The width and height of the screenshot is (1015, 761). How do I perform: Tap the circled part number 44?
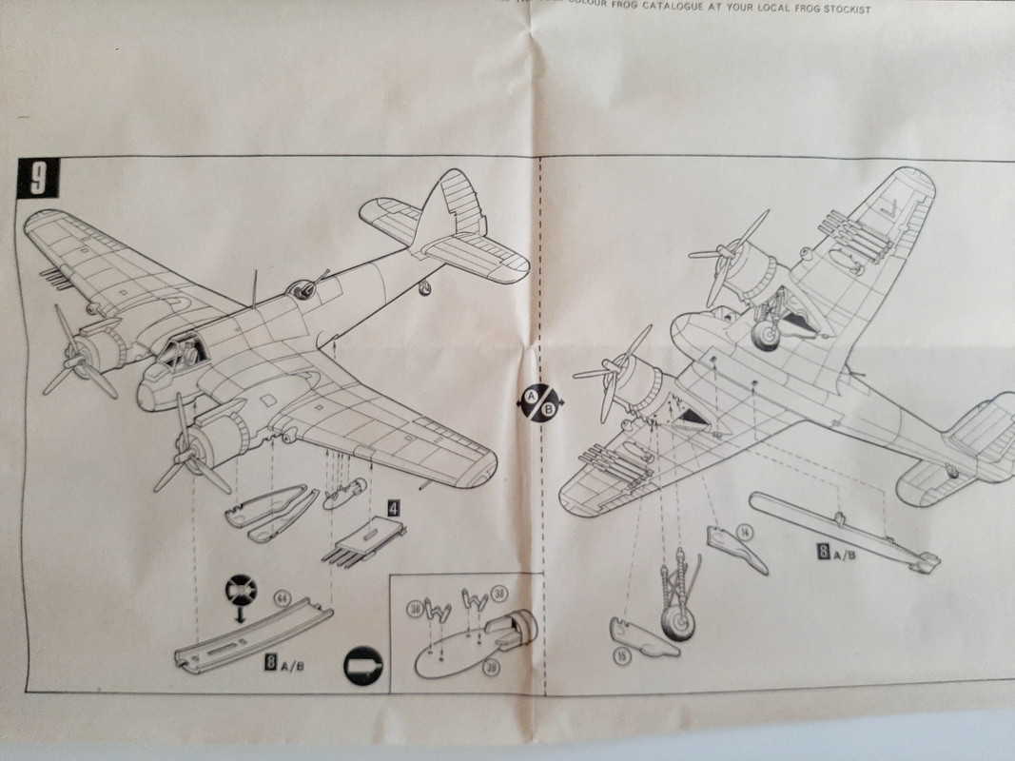[282, 598]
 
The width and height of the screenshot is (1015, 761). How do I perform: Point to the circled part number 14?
[744, 533]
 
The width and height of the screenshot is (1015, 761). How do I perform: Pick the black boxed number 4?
[392, 505]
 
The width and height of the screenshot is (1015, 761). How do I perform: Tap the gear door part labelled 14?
[736, 550]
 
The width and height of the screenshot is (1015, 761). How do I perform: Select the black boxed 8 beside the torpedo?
[825, 549]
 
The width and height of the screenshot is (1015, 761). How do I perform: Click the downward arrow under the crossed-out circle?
[237, 615]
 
